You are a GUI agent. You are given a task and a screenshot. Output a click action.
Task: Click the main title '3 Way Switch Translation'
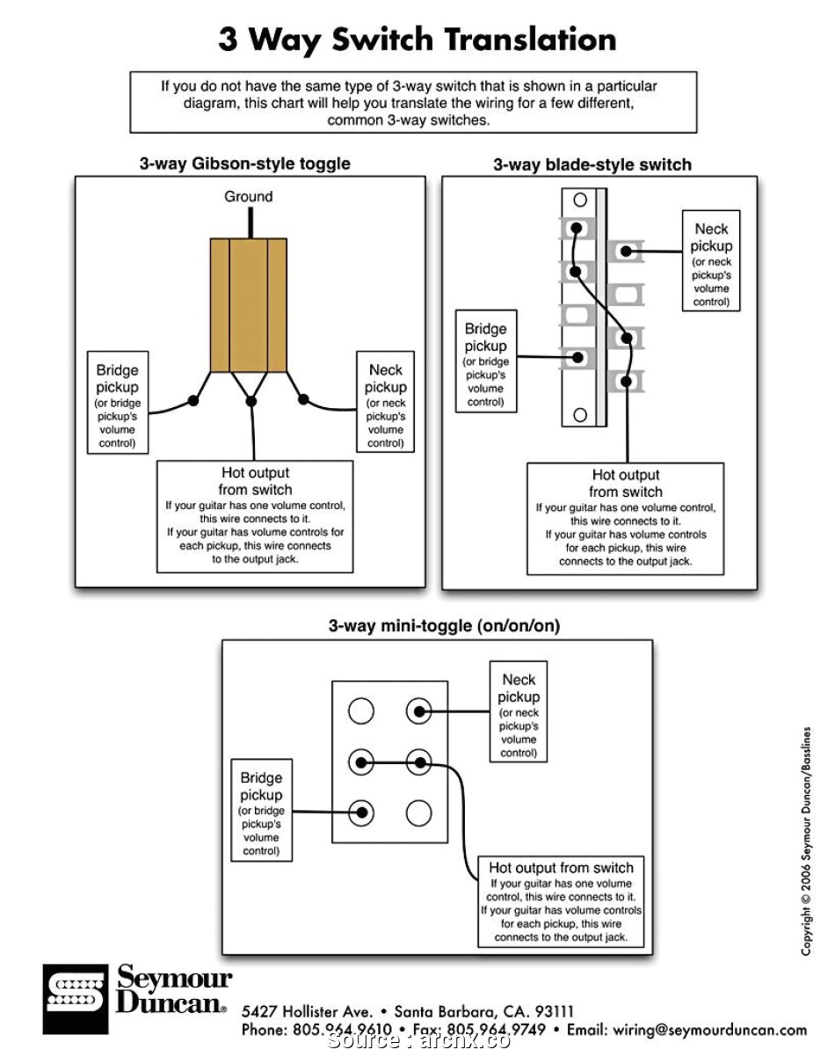coord(417,40)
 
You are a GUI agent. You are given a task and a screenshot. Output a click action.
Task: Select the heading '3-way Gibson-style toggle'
coord(244,164)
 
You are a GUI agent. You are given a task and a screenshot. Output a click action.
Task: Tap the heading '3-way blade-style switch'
coord(592,164)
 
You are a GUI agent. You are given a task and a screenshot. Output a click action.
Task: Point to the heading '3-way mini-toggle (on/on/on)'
coord(444,626)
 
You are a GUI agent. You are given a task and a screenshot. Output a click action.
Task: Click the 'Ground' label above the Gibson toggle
coord(249,196)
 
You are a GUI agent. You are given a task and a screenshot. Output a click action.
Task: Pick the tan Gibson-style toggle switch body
coord(249,304)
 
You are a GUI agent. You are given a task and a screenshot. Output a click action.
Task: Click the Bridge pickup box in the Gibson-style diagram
coord(117,403)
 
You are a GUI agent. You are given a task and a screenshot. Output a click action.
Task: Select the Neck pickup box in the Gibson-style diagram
coord(385,402)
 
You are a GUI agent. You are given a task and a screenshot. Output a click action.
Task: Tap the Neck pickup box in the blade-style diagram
coord(711,260)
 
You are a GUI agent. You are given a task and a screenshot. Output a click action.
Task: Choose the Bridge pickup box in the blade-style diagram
coord(486,361)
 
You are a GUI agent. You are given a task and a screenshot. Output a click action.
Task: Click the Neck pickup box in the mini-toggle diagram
coord(519,711)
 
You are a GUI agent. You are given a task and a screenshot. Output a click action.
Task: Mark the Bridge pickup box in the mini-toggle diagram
coord(261,810)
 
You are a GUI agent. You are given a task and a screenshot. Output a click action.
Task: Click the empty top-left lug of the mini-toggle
coord(361,711)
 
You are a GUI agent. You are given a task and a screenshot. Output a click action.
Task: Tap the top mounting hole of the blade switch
coord(579,200)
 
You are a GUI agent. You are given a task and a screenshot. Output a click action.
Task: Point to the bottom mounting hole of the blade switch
coord(579,413)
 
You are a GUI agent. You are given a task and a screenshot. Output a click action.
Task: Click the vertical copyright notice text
coord(805,840)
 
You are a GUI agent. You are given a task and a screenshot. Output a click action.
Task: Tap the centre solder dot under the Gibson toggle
coord(251,401)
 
